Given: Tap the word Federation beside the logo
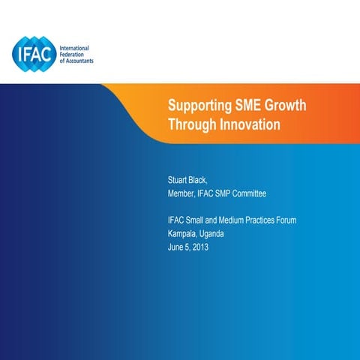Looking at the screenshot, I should (73, 54).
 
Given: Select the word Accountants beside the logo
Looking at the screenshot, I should (79, 61).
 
